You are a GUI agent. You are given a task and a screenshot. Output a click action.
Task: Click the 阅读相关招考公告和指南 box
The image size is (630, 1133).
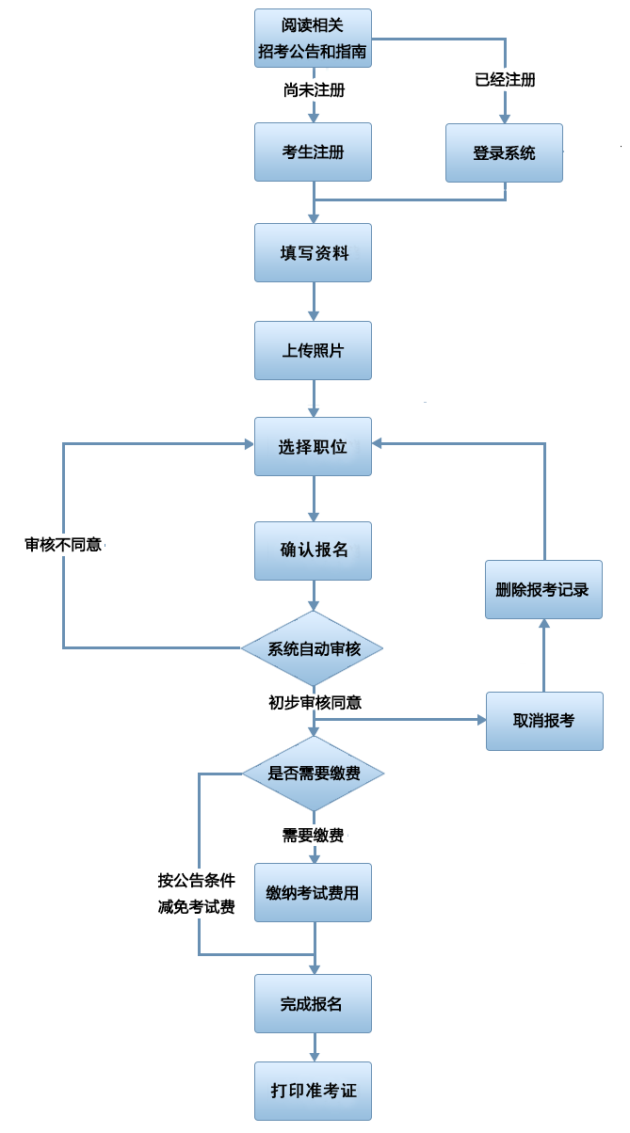click(x=313, y=39)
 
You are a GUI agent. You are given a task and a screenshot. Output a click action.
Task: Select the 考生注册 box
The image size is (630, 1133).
click(x=313, y=152)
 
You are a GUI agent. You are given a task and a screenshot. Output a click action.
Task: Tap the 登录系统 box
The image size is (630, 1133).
click(x=504, y=152)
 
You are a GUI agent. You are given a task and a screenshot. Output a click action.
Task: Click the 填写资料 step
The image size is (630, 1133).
click(x=313, y=252)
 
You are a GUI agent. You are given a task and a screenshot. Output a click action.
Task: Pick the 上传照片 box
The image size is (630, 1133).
click(x=313, y=350)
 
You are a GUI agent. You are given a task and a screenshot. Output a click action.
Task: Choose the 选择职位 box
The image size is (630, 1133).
click(x=313, y=447)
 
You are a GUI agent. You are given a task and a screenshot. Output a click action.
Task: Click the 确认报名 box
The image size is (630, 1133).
click(x=313, y=551)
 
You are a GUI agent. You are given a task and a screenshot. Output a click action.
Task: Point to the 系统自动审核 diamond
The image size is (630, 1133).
click(x=313, y=648)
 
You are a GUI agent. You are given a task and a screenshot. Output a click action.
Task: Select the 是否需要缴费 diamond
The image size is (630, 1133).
click(x=313, y=774)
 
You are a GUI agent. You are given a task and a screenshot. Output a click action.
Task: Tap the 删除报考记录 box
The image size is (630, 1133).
click(x=543, y=590)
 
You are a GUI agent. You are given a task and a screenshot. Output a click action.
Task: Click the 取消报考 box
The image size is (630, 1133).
click(x=544, y=721)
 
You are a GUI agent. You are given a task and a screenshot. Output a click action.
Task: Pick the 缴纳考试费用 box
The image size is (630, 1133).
click(x=313, y=892)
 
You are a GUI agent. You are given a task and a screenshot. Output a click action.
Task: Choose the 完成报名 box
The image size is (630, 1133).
click(x=313, y=1004)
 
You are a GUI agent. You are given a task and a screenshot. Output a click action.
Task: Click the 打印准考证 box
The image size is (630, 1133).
click(x=313, y=1091)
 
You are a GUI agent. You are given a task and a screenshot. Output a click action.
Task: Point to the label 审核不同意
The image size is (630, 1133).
click(x=63, y=544)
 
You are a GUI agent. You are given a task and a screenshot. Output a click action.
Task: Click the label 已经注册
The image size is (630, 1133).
click(x=505, y=80)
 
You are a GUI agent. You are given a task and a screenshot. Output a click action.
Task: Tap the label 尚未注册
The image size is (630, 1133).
click(x=313, y=91)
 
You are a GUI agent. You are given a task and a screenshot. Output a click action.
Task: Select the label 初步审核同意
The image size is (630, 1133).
click(x=315, y=702)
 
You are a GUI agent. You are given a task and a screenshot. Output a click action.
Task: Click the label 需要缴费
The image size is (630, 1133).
click(x=313, y=835)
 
